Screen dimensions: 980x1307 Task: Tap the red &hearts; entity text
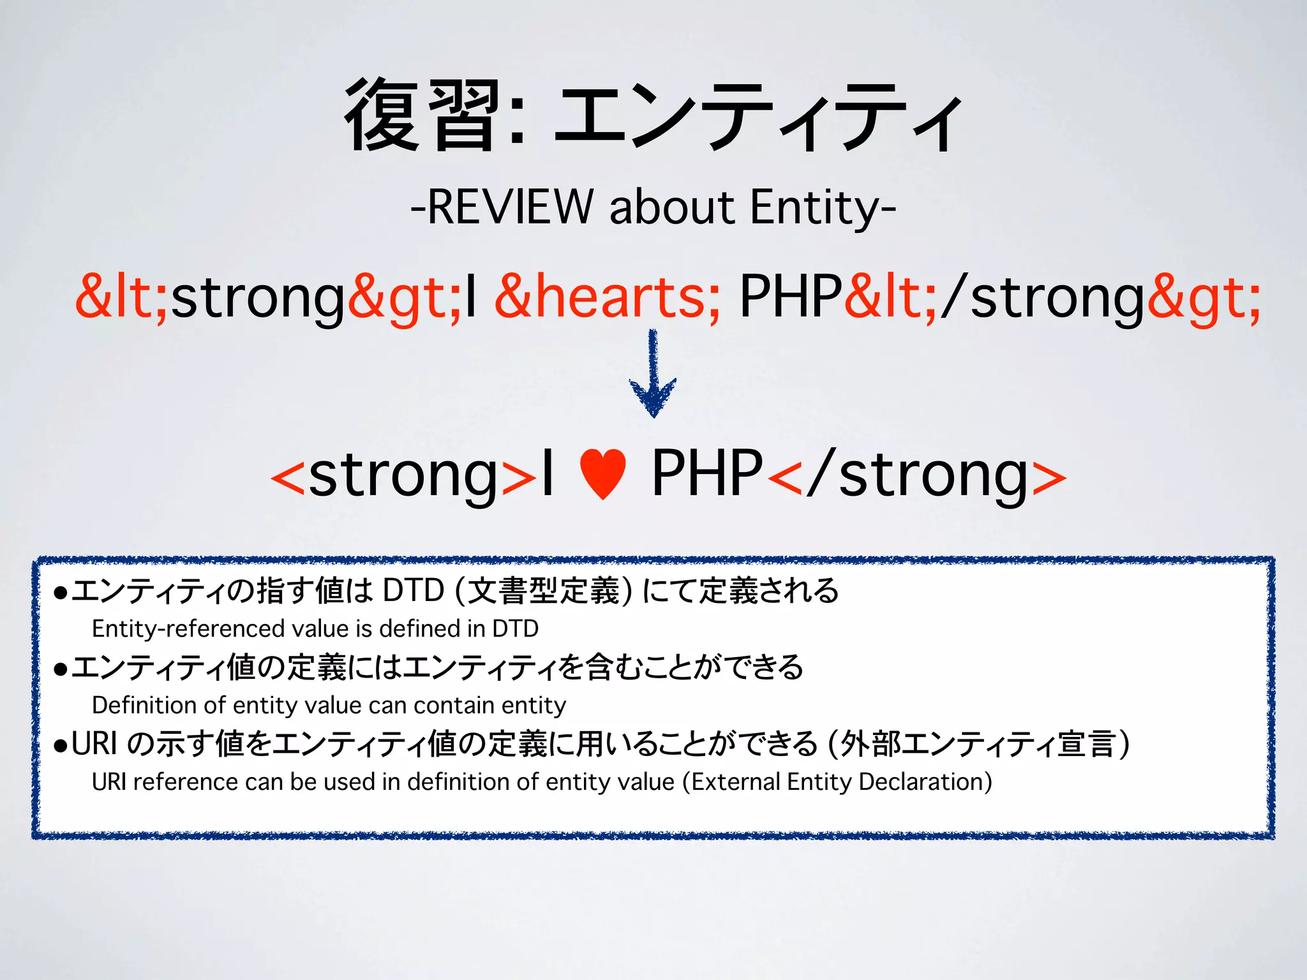[x=607, y=297]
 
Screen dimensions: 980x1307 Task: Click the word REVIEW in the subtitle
[x=510, y=207]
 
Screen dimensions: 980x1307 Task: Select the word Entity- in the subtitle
[x=823, y=207]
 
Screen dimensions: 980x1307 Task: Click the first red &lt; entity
[x=121, y=297]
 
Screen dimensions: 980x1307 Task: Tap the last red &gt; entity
[x=1204, y=297]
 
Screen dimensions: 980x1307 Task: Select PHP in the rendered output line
[x=707, y=473]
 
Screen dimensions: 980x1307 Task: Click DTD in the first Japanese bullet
[x=413, y=590]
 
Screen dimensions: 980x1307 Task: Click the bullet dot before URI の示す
[x=61, y=745]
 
